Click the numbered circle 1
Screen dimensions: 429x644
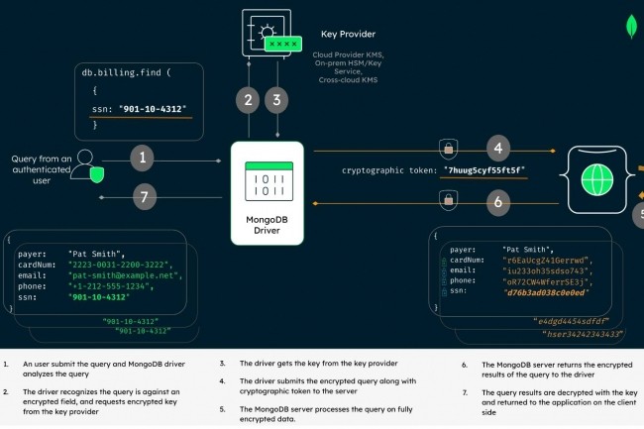pos(145,157)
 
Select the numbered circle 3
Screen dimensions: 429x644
pos(278,99)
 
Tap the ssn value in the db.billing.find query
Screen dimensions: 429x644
pos(153,108)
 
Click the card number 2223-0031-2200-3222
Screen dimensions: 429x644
pos(121,265)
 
